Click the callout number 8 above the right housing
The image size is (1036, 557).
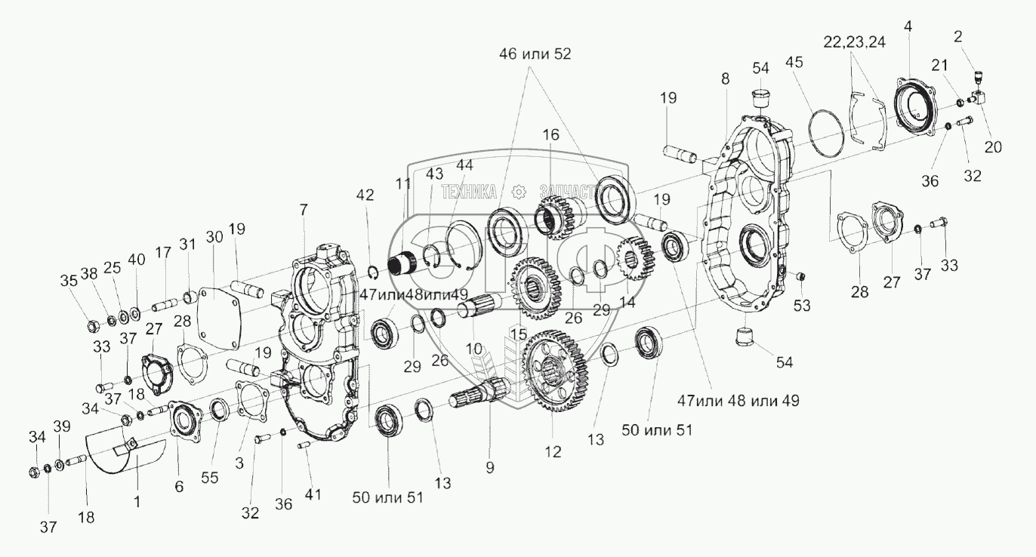[725, 78]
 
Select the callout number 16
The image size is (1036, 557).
[551, 136]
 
